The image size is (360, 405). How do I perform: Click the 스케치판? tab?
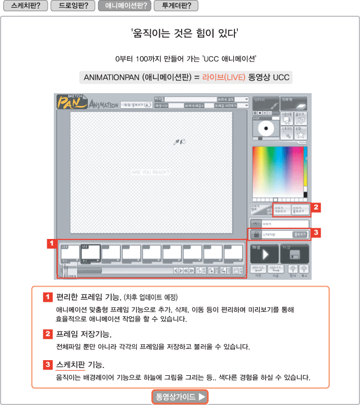25,6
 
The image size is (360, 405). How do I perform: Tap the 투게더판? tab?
176,6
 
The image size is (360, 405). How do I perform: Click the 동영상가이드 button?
180,397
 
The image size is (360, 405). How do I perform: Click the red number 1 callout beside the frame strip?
51,244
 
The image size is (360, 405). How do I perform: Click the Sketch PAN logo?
72,102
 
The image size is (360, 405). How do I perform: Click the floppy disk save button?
294,255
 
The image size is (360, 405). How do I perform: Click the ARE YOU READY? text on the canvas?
150,173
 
